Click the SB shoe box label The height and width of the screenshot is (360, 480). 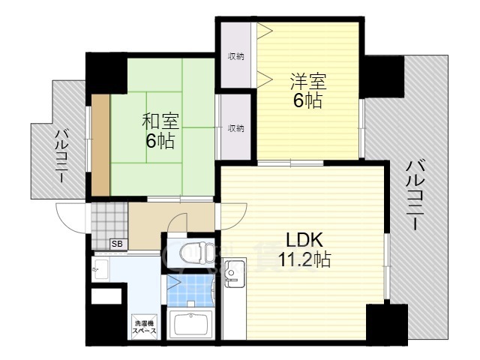tap(118, 244)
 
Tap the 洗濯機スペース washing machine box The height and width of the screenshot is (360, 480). tap(145, 326)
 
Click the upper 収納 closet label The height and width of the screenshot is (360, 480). tap(236, 56)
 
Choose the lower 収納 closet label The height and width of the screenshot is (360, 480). tap(235, 128)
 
